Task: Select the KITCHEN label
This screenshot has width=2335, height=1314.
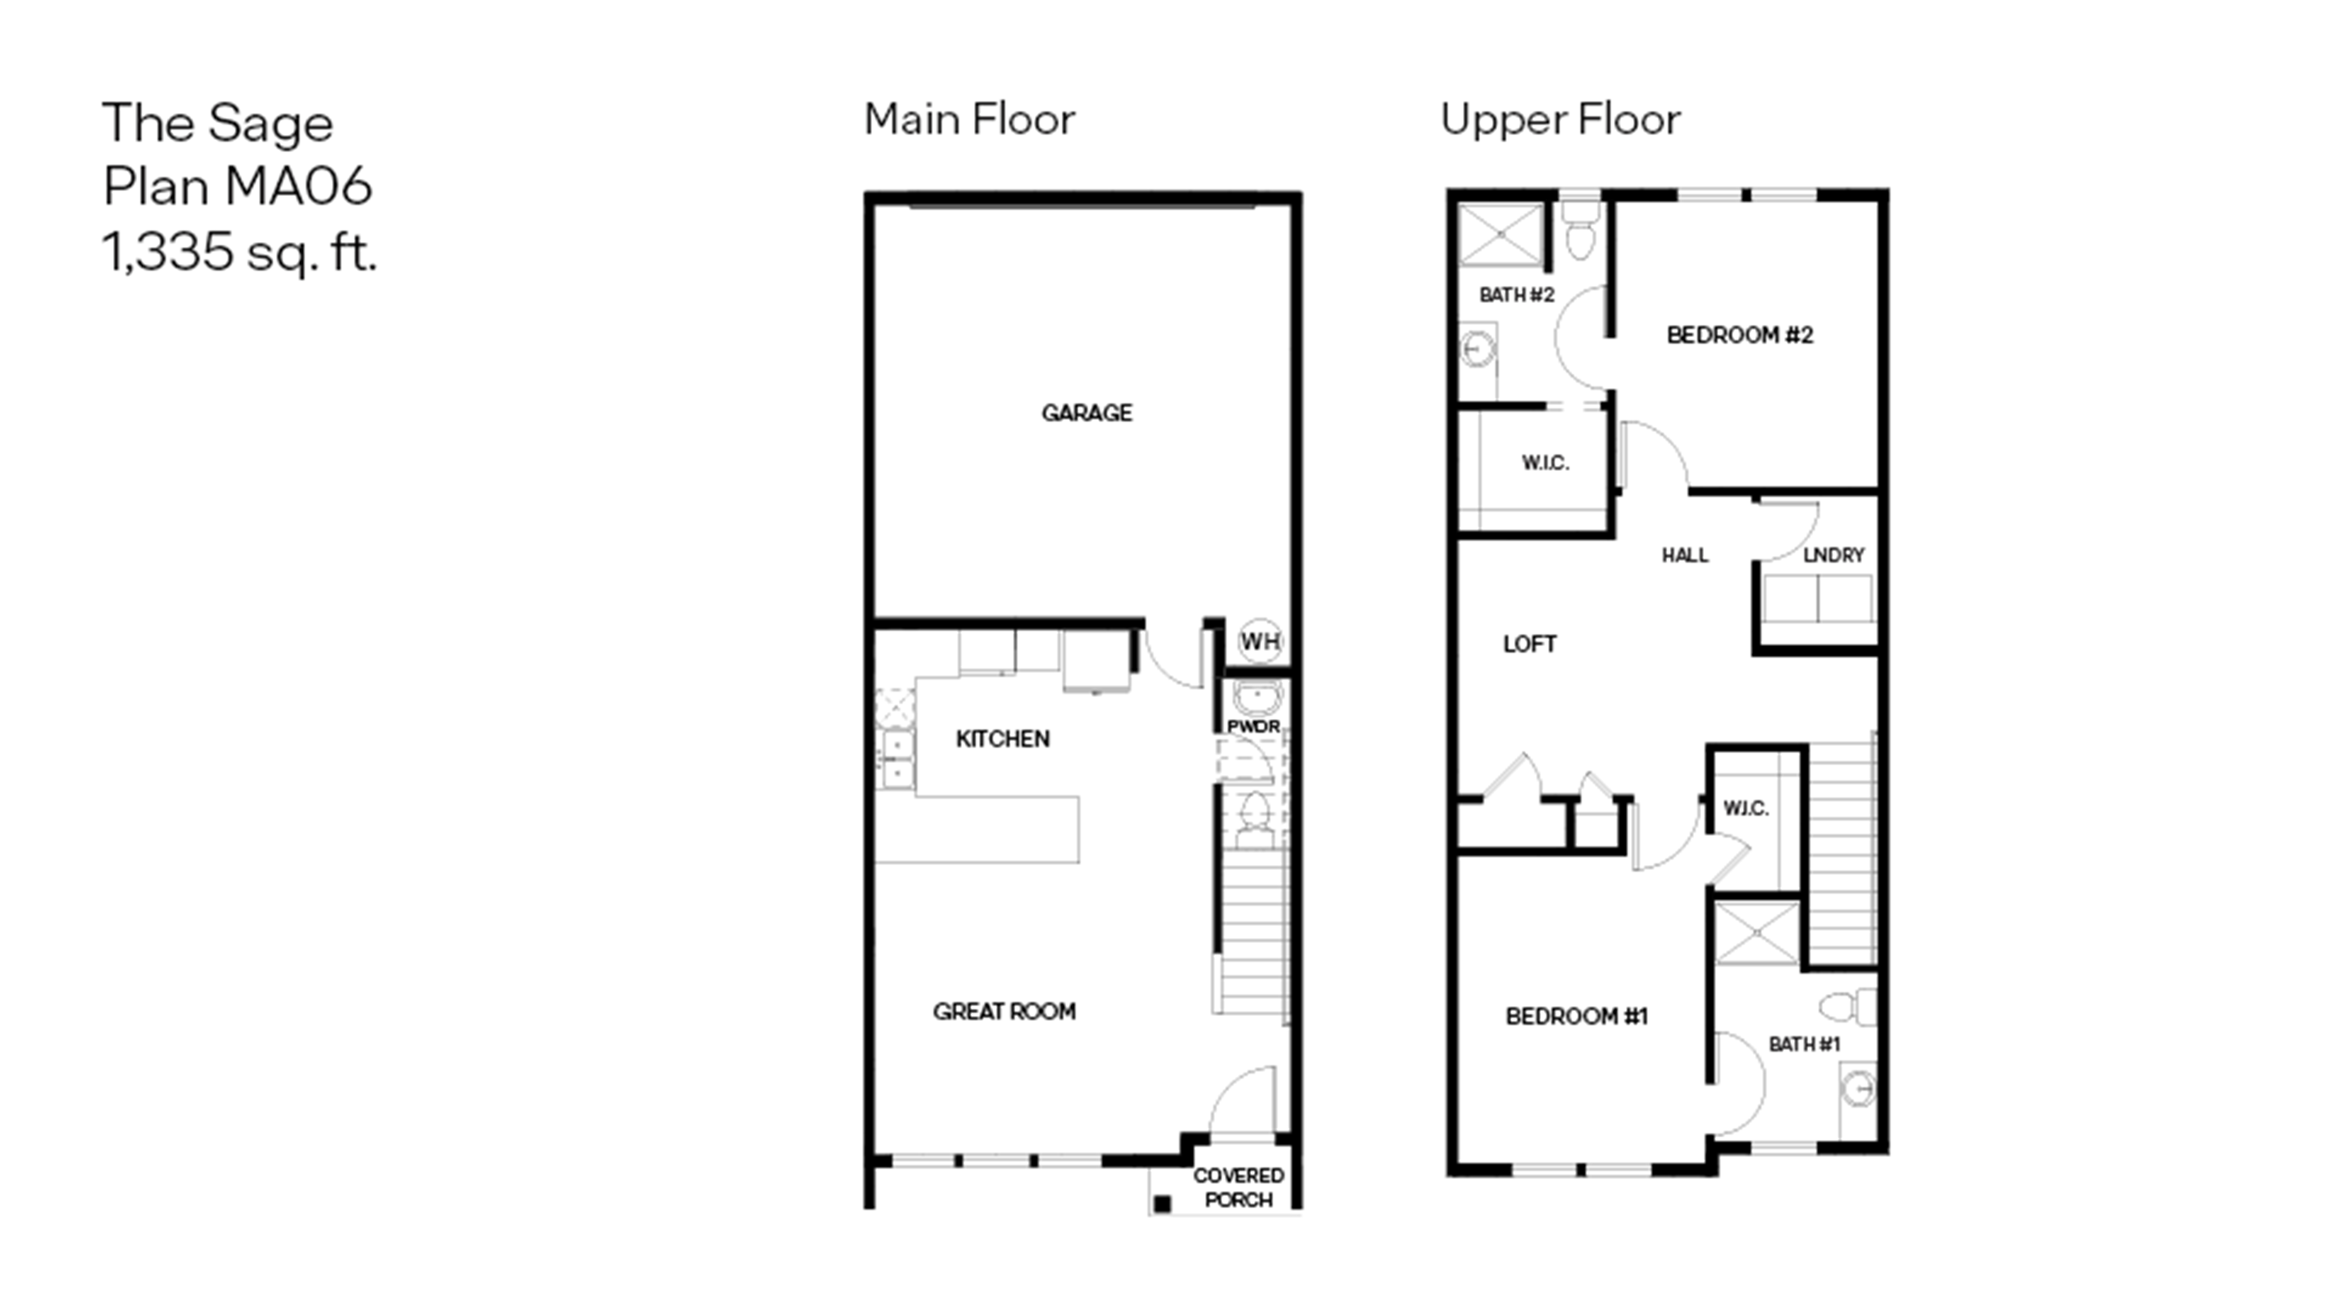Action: tap(1003, 739)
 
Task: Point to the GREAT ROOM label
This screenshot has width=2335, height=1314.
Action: tap(1005, 1011)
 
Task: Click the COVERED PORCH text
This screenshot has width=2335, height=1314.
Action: tap(1238, 1187)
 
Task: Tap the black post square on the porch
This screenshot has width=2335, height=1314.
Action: tap(1162, 1204)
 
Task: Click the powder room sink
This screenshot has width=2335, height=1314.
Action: tap(1256, 699)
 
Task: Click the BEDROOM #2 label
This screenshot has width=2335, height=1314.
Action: tap(1740, 335)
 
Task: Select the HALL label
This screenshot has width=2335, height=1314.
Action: tap(1685, 555)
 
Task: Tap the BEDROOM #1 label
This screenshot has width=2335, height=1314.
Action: tap(1576, 1017)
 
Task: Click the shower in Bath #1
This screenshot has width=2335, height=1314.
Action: tap(1757, 933)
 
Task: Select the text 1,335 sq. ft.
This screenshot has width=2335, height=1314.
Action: tap(239, 252)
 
